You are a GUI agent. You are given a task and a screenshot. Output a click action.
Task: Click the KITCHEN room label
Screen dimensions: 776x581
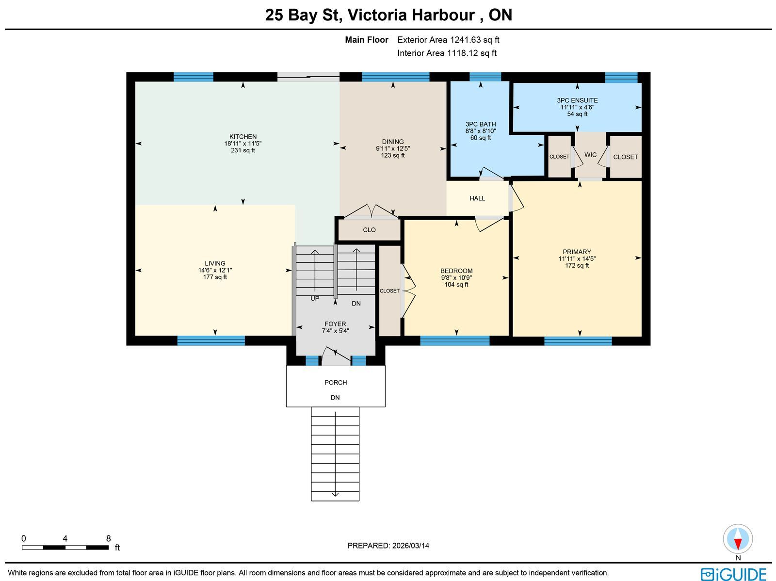tap(243, 137)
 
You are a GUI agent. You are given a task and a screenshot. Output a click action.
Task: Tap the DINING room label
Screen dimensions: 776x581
tap(393, 142)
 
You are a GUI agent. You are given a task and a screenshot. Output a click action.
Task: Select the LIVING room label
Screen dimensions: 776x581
tap(215, 263)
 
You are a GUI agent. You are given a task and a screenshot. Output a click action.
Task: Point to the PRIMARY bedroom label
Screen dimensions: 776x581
tap(577, 252)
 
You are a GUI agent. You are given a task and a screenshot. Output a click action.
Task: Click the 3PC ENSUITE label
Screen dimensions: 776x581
tap(577, 100)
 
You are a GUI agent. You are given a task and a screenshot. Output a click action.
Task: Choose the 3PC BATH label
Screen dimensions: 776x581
tap(481, 124)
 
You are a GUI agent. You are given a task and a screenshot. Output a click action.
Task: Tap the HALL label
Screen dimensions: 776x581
tap(477, 198)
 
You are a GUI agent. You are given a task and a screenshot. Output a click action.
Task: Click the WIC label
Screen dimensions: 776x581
tap(590, 155)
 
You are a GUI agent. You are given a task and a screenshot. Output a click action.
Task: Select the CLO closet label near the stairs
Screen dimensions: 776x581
tap(369, 230)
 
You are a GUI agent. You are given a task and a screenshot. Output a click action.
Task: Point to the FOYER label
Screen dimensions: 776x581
tap(335, 323)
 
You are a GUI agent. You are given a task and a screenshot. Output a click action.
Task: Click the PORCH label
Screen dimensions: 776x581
tap(336, 382)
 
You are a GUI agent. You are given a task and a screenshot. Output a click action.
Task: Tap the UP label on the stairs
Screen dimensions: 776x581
tap(315, 299)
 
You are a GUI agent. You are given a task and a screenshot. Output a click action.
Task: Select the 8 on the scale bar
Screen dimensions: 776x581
tap(108, 538)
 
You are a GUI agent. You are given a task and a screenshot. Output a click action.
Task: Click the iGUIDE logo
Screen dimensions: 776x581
tap(733, 574)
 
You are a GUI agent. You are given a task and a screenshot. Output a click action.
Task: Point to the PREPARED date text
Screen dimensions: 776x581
tap(388, 545)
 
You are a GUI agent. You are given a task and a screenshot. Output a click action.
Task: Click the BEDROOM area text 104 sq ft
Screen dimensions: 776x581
tap(456, 285)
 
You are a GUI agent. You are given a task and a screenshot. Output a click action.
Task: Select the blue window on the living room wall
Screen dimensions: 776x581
tap(211, 340)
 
